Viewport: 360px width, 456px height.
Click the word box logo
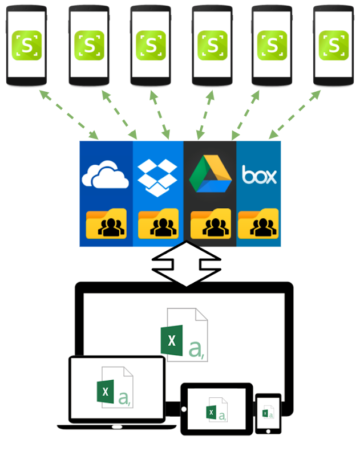click(259, 175)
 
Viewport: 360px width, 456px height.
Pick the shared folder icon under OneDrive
click(106, 225)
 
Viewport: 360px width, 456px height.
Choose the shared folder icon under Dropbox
click(158, 225)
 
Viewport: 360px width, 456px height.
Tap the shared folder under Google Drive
click(211, 225)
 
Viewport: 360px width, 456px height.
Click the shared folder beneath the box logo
click(258, 225)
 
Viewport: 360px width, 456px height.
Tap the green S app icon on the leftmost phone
click(27, 45)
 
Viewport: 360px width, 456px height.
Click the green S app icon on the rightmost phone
click(333, 45)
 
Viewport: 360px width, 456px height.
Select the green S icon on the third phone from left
click(151, 45)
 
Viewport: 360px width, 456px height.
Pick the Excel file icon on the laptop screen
click(114, 388)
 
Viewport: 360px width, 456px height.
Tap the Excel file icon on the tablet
click(216, 409)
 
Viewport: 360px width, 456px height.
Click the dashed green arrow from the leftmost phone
click(68, 113)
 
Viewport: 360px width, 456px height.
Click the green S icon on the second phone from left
click(89, 45)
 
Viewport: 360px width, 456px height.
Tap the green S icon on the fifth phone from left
click(272, 45)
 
